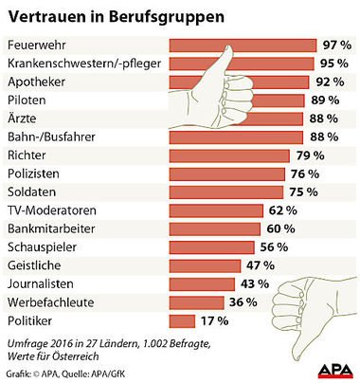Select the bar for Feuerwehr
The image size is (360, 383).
242,46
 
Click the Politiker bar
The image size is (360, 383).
181,321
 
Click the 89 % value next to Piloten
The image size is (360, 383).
326,100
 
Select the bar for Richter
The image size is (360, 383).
227,155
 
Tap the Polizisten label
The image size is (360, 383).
34,174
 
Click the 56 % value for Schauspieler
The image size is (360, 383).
274,247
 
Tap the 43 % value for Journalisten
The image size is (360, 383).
254,284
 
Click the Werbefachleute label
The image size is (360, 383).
49,302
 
